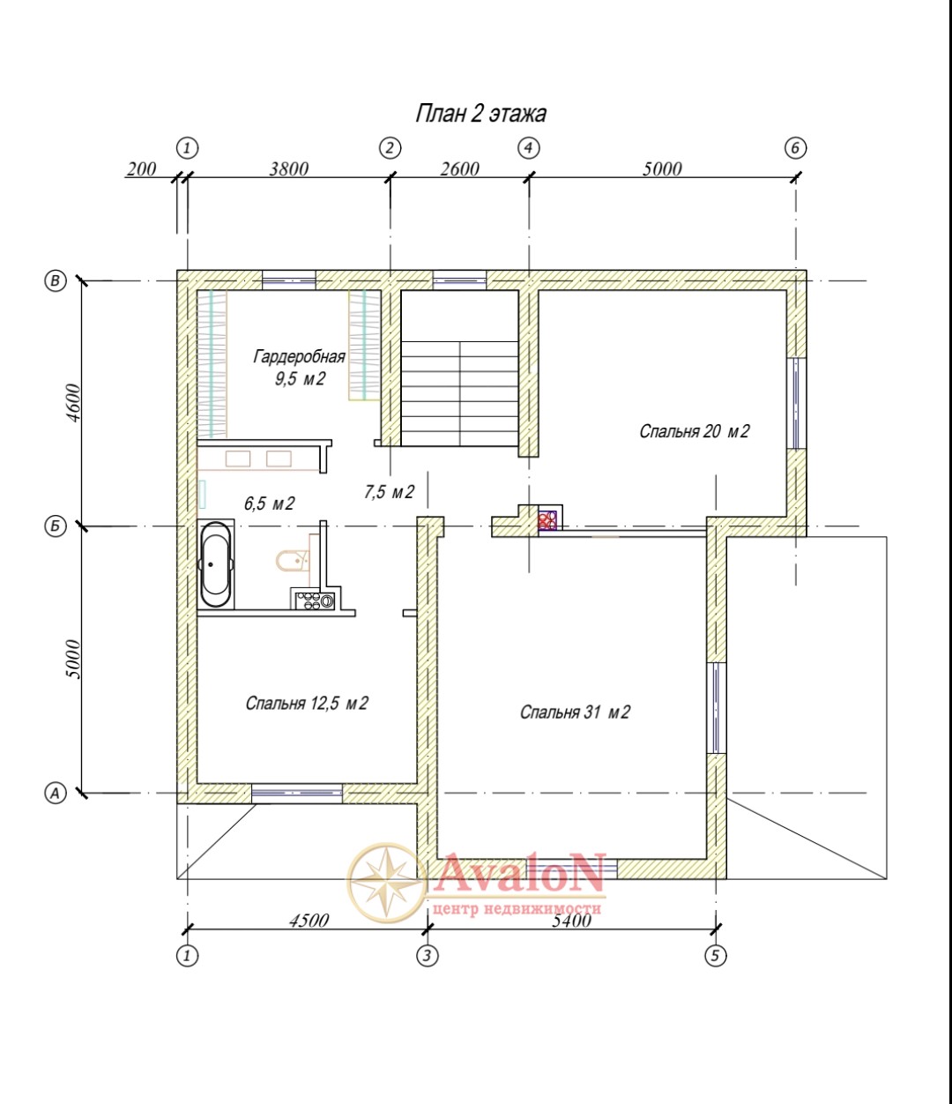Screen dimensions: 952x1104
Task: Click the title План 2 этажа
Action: [480, 114]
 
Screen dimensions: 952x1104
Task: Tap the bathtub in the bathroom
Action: [216, 564]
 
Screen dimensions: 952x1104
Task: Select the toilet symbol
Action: [292, 560]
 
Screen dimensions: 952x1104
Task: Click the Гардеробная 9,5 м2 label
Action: [300, 368]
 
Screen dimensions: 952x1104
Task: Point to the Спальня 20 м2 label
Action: [694, 431]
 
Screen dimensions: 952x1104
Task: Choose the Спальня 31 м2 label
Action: [575, 712]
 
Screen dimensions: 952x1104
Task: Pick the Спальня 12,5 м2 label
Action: [307, 704]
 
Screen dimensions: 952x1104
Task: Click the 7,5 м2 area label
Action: [390, 491]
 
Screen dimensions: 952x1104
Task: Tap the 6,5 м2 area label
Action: [269, 504]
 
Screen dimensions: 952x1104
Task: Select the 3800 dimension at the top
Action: [288, 168]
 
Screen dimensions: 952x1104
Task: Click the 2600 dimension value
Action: [459, 168]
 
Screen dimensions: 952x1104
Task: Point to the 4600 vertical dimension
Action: [75, 403]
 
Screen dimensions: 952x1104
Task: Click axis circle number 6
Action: [796, 148]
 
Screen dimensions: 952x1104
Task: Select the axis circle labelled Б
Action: [56, 527]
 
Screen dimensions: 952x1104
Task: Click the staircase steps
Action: [460, 393]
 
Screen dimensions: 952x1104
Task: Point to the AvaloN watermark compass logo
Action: [387, 884]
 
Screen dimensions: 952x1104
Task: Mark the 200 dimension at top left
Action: [142, 168]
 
